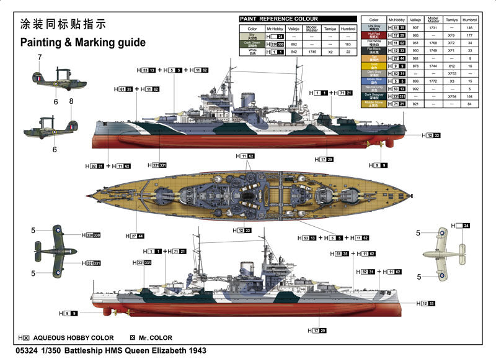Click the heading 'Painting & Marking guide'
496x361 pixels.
coord(82,43)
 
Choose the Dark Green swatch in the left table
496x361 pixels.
coord(252,45)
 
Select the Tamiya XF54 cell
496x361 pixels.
coord(451,96)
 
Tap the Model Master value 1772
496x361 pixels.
coord(433,81)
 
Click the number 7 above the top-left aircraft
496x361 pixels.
coord(39,58)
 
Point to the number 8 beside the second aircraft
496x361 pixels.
coord(71,101)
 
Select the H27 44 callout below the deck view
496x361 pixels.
coord(136,235)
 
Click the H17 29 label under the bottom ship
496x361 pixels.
coord(319,330)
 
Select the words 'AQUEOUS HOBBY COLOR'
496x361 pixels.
coord(75,337)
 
